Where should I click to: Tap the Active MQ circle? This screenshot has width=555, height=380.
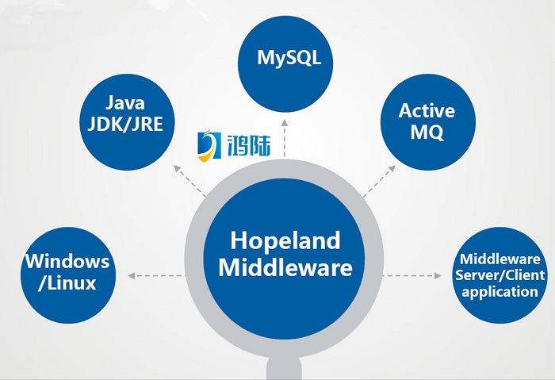(x=427, y=121)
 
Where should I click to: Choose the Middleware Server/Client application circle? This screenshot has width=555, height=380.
(x=499, y=274)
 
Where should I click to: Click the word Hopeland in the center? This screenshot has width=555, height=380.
(x=285, y=240)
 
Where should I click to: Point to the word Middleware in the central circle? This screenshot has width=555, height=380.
(x=285, y=267)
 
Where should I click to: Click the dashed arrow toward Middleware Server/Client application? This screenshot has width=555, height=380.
(x=413, y=275)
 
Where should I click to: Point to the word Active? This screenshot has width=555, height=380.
(x=427, y=109)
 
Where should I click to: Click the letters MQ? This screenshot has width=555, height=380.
(x=427, y=132)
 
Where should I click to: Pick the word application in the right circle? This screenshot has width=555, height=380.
(x=499, y=291)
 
